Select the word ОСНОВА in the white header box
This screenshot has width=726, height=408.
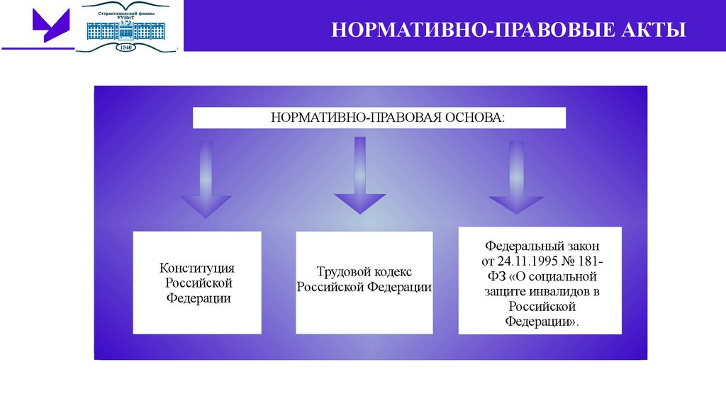point(474,116)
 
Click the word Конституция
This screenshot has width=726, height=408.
point(197,268)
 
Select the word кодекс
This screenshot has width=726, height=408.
point(391,272)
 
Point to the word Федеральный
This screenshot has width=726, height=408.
point(523,246)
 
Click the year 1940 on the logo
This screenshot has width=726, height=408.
point(127,47)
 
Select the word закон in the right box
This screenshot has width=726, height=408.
point(582,246)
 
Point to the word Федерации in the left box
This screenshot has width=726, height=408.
point(199,298)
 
